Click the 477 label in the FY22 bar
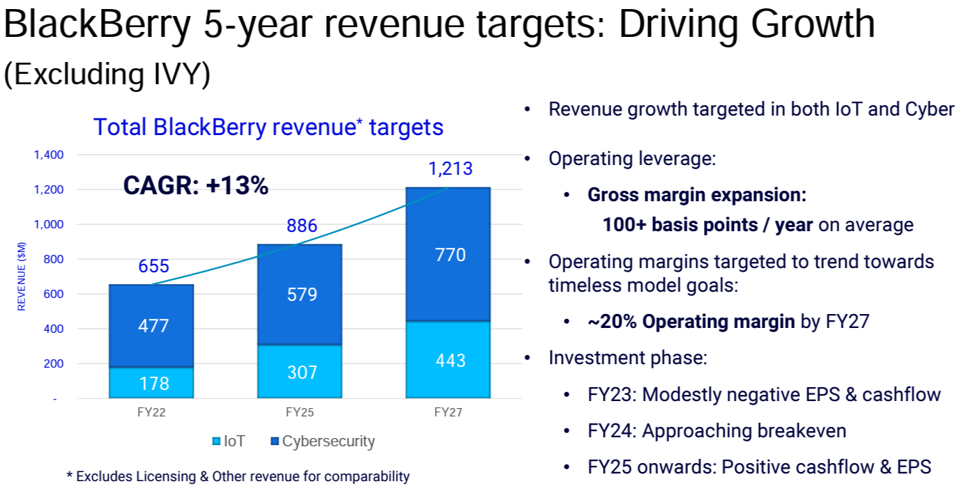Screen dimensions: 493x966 click(x=153, y=325)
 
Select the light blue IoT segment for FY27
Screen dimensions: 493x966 click(x=448, y=359)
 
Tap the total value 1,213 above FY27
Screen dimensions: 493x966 click(x=451, y=169)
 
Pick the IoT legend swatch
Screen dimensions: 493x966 click(x=216, y=441)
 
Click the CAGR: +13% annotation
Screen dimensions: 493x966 click(x=196, y=186)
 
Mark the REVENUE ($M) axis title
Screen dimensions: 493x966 click(x=22, y=276)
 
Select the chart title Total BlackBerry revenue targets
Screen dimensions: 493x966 click(x=268, y=127)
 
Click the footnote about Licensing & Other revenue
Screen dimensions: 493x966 click(x=238, y=477)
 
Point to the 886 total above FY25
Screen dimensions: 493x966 click(x=302, y=226)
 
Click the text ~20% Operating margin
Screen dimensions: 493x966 click(x=691, y=322)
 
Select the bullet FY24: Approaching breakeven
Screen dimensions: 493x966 click(x=716, y=431)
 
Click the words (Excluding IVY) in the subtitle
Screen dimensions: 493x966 click(x=107, y=75)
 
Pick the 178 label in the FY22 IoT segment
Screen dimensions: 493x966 click(x=153, y=382)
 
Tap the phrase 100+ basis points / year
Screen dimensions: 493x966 click(x=707, y=225)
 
